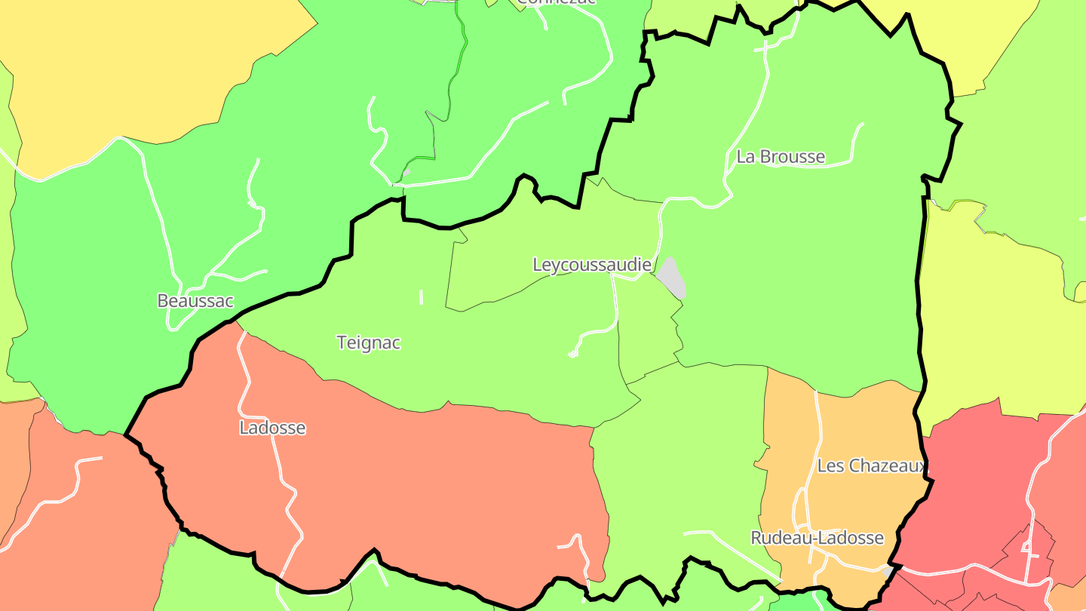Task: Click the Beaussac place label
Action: coord(195,301)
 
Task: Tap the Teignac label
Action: coord(368,342)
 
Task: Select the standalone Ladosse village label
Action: coord(272,428)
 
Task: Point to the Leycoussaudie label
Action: coord(591,265)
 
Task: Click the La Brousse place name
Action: coord(781,157)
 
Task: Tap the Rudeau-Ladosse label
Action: coord(817,538)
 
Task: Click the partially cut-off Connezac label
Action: coord(557,2)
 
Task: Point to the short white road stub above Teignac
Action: coord(421,297)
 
